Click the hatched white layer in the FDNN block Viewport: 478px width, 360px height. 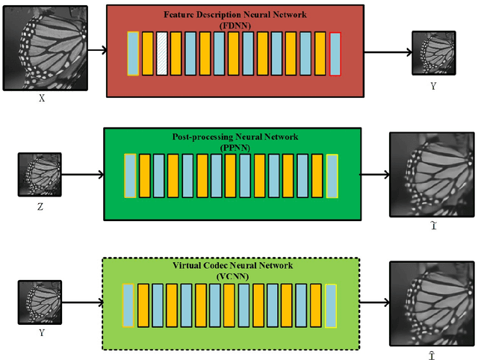point(161,53)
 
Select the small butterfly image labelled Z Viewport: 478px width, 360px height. point(40,175)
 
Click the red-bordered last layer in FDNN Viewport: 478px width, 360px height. point(335,53)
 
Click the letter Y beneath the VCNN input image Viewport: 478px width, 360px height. point(39,332)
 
